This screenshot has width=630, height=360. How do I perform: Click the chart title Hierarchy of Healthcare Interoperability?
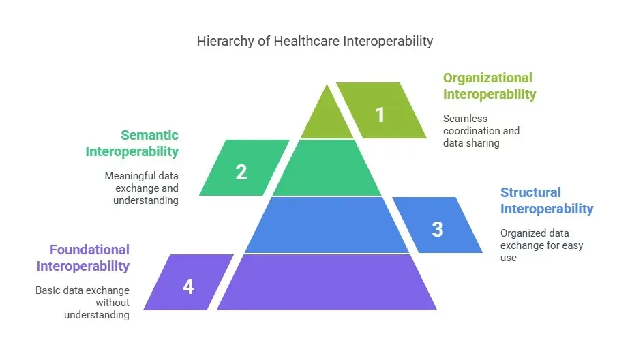[314, 41]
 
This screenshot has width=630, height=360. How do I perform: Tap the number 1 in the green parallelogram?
[380, 114]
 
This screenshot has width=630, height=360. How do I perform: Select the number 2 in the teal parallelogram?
[241, 172]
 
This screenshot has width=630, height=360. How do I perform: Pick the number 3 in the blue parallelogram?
[437, 229]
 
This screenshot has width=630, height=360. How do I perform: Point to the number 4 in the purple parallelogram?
[188, 286]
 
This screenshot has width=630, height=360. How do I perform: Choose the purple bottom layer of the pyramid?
[326, 282]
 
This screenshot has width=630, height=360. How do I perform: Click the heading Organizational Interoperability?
[489, 86]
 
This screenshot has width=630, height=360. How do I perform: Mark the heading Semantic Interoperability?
[132, 143]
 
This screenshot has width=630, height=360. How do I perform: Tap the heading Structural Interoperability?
[546, 200]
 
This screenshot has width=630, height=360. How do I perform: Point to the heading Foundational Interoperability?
[83, 258]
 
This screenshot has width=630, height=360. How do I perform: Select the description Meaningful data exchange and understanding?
[142, 187]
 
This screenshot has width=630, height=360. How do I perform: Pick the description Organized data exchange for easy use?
[541, 245]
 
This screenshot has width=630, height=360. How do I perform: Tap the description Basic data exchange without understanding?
[83, 302]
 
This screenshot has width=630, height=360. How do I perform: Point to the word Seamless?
[464, 118]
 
